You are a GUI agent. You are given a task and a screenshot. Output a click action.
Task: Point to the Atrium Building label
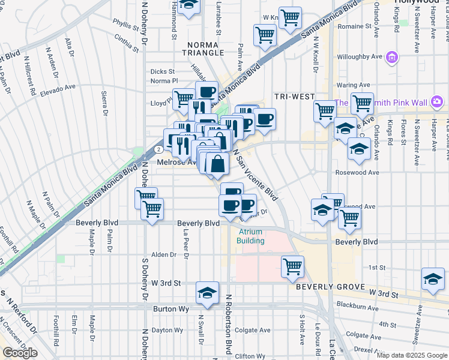pos(252,236)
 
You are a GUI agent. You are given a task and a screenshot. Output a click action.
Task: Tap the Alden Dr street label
pos(164,254)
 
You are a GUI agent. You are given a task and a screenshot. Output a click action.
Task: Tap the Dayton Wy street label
pos(167,330)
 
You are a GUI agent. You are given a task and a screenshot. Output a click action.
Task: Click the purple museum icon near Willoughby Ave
pos(392,58)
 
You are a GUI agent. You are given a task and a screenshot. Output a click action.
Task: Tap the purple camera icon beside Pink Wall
pos(436,101)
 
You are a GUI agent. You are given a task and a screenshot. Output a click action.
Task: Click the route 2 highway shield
pos(157,148)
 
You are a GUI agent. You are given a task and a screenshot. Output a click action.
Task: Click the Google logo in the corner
pos(20,353)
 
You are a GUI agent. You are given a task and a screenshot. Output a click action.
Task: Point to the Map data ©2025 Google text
pos(412,355)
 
